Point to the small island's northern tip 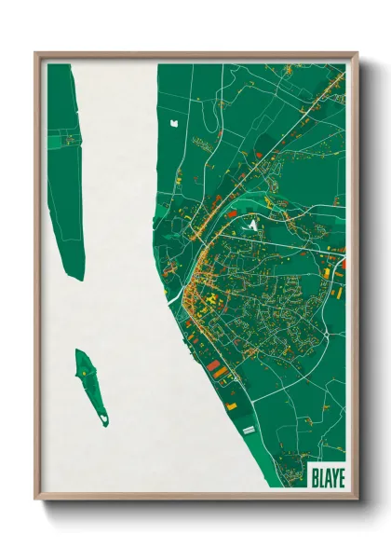click(80, 351)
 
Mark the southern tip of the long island click(79, 278)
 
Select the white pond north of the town click(172, 119)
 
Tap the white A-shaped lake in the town click(249, 224)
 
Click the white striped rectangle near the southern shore click(249, 429)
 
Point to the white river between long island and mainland click(116, 186)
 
